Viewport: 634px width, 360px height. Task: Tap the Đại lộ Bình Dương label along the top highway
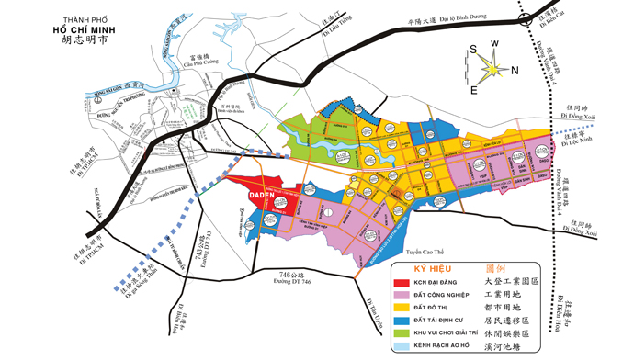471,17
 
